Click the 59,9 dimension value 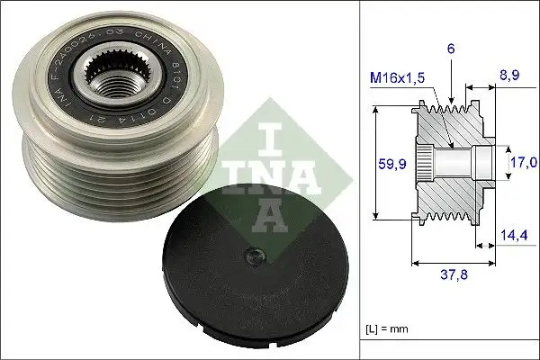388,165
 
